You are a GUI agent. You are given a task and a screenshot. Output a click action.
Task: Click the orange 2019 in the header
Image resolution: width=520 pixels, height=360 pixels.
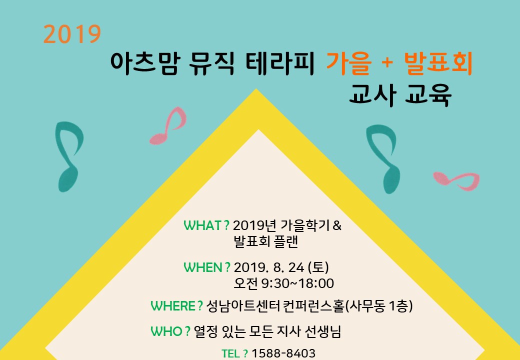click(x=72, y=34)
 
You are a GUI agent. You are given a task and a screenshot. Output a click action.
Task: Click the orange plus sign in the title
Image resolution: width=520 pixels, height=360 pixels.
click(x=386, y=63)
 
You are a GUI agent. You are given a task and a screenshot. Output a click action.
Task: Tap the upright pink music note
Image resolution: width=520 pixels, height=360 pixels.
click(x=168, y=125)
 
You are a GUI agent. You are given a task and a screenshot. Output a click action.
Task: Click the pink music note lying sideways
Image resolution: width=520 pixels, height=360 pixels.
click(x=456, y=180)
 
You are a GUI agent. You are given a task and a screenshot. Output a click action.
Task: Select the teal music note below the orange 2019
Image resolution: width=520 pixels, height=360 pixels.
click(x=69, y=156)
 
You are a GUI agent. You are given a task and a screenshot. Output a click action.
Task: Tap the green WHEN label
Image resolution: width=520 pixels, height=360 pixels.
click(x=207, y=267)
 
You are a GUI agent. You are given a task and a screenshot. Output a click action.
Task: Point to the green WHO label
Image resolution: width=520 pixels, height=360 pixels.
click(x=170, y=331)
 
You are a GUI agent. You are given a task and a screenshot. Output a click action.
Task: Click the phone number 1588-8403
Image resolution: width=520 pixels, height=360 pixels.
click(x=283, y=353)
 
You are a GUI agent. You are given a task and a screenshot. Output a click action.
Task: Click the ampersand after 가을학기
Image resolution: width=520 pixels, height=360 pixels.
click(x=336, y=225)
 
